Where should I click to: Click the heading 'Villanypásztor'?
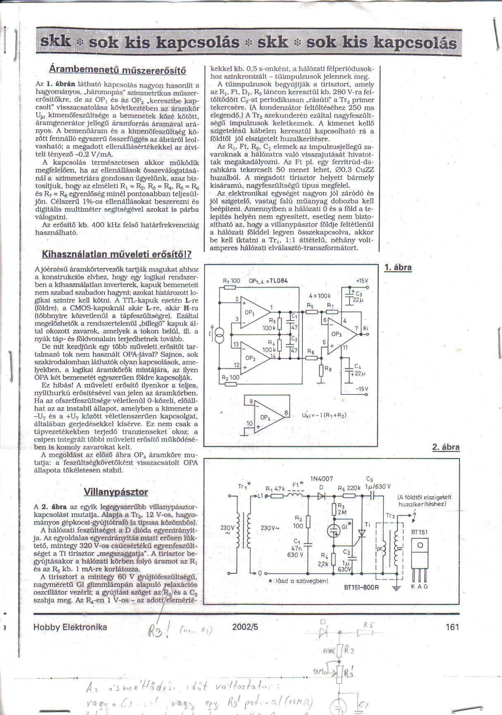116,492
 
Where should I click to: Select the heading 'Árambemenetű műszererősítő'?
117,69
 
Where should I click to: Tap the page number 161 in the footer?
452,627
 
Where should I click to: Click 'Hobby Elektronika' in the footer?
70,627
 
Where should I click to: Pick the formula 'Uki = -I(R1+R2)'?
325,416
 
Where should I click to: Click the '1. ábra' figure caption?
398,267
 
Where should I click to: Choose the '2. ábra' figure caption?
445,447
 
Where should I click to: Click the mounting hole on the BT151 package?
420,545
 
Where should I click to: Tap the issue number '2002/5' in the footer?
245,627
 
